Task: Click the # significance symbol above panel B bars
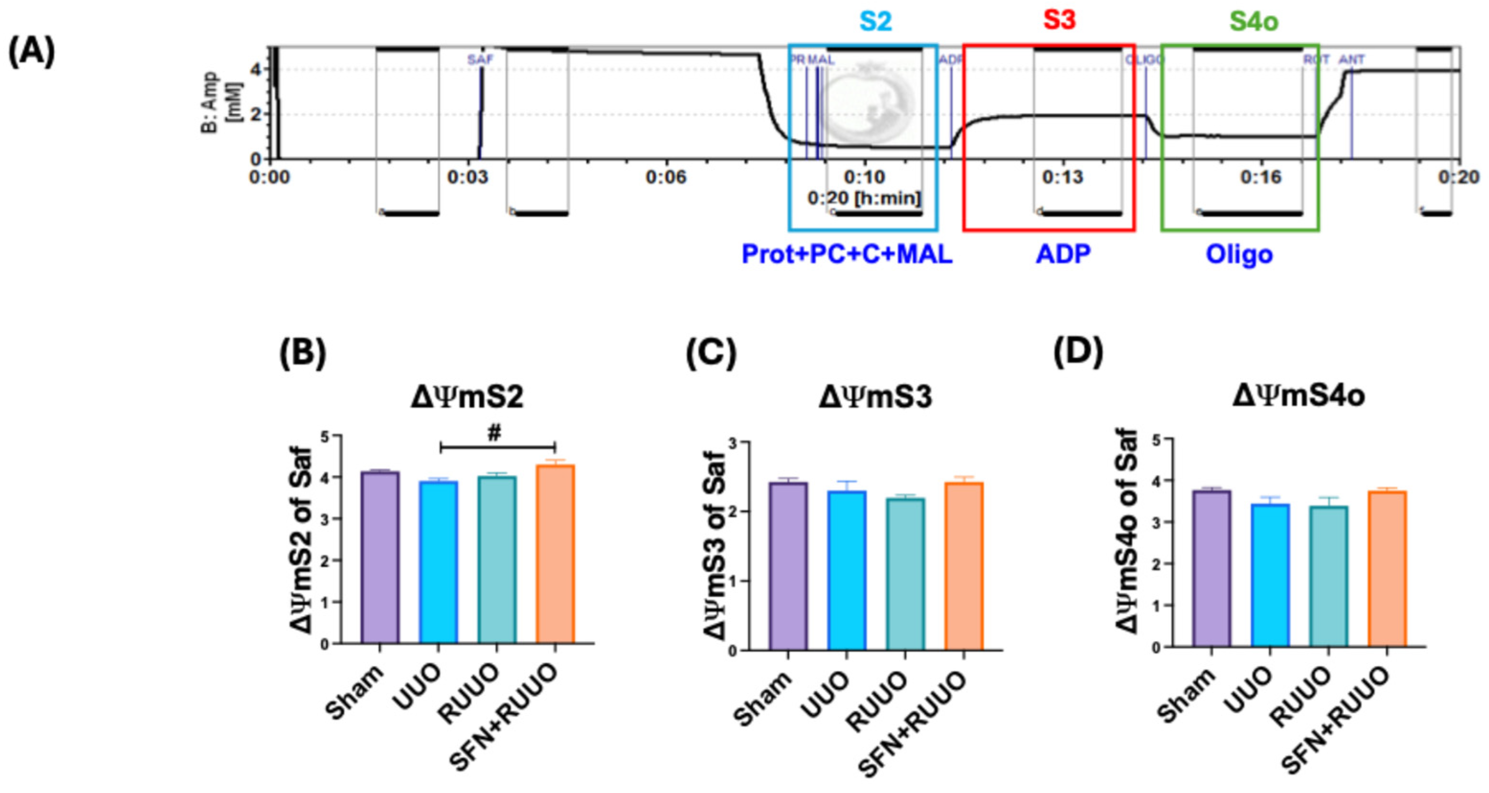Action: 494,433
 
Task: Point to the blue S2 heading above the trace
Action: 876,22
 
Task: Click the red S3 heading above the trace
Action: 1059,20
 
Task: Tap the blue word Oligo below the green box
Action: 1239,254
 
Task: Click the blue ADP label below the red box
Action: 1062,254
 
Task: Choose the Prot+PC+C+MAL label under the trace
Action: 847,254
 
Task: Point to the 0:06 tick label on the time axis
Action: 666,176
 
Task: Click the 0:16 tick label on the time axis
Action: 1261,176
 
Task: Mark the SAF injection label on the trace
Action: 480,59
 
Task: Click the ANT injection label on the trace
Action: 1352,59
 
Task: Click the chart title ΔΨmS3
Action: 875,397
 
